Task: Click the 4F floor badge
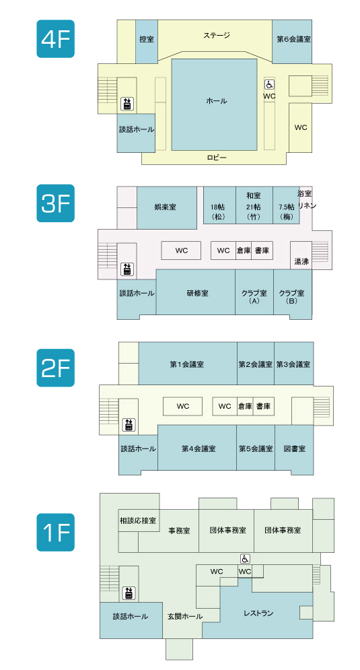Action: (x=56, y=38)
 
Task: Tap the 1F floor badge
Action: (x=56, y=532)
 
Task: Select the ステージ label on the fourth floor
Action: (x=217, y=36)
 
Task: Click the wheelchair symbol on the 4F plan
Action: (x=269, y=84)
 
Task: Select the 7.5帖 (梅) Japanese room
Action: (x=286, y=205)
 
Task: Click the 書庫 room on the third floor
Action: (x=262, y=250)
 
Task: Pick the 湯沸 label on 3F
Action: (x=301, y=261)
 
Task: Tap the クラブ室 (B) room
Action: (x=293, y=294)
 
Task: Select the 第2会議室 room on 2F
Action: (x=256, y=363)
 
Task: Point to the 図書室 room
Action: (x=294, y=448)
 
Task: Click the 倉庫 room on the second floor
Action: (x=245, y=406)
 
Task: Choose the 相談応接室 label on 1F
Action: (x=137, y=521)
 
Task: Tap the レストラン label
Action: (x=258, y=613)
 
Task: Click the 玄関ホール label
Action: (x=185, y=617)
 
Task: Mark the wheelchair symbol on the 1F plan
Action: (x=245, y=558)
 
